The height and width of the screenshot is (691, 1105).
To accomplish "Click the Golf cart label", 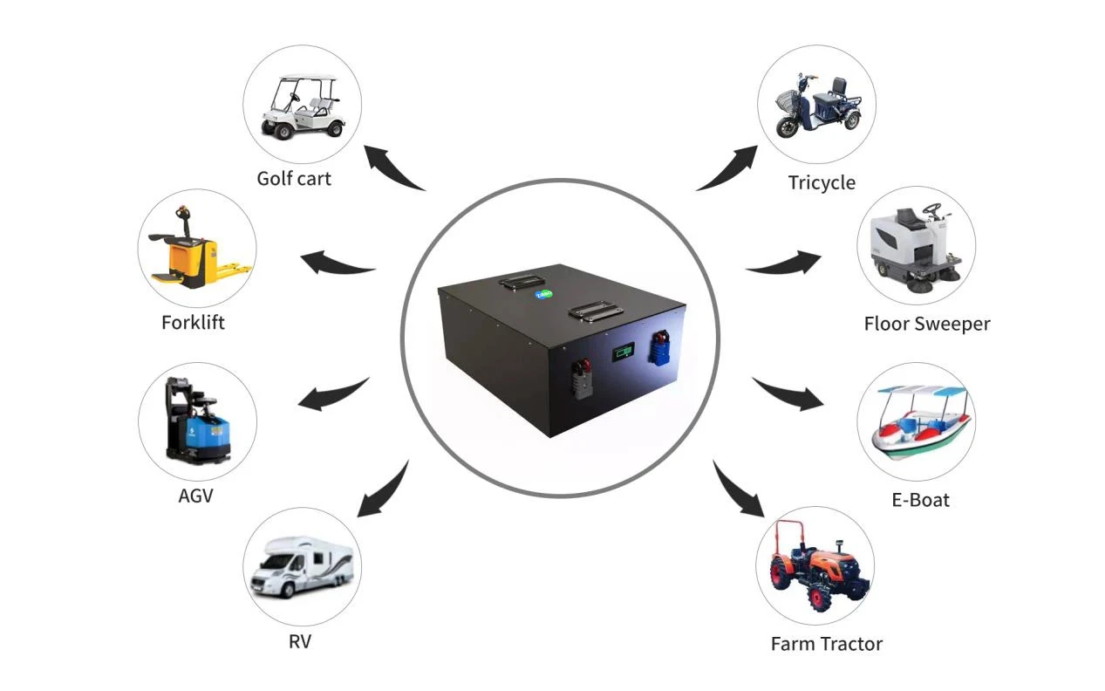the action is coord(294,179).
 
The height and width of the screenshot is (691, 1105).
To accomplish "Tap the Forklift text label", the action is coord(193,323).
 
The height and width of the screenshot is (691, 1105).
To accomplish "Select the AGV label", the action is coord(196,496).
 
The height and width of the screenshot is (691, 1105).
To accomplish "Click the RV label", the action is coord(300,641).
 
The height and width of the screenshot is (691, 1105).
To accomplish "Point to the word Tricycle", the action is coord(822,183).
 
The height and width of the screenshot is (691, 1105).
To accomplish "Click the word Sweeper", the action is coord(952,325).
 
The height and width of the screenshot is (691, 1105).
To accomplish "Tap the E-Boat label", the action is coord(920,500).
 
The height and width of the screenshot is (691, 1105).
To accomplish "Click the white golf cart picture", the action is coord(302,106).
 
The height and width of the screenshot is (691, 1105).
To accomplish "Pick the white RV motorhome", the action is coord(302,568).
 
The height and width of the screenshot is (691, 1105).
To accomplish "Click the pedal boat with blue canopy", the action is coord(920,422).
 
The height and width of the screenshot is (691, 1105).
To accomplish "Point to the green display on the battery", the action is coord(623,352).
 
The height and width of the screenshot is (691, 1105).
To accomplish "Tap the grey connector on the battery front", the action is coord(582,380).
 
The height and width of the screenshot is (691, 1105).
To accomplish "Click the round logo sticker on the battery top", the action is coord(543,295).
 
